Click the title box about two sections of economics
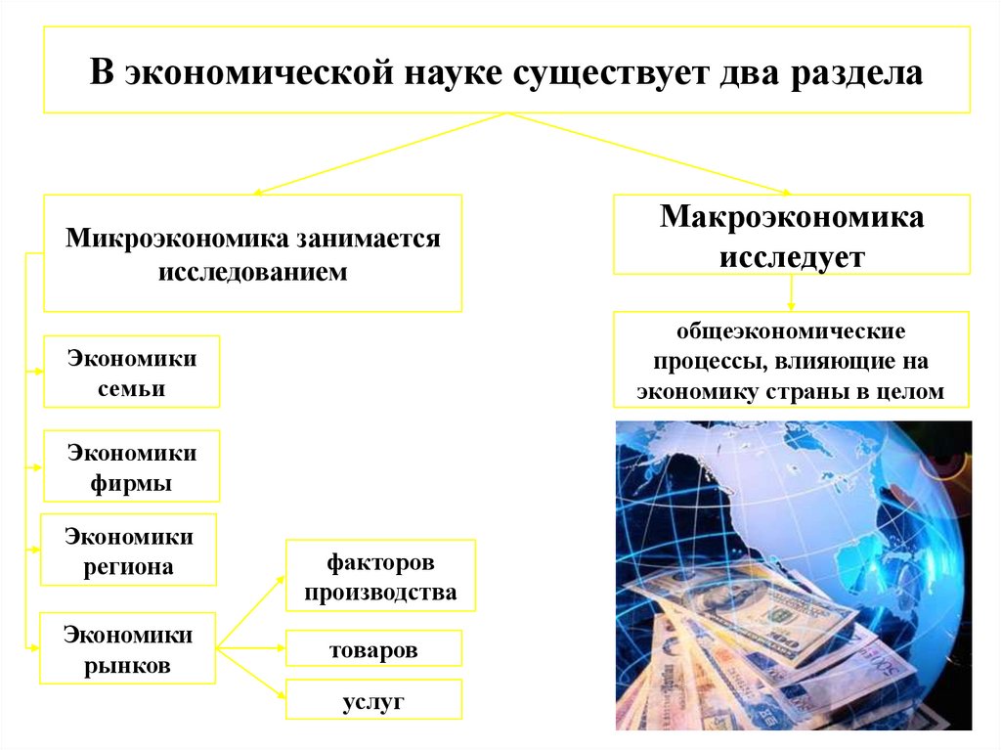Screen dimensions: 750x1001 (x=506, y=69)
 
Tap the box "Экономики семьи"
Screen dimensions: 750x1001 (x=131, y=372)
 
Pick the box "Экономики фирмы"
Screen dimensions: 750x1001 (x=131, y=466)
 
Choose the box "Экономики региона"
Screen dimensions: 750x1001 (x=128, y=550)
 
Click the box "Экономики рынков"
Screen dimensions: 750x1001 (x=128, y=649)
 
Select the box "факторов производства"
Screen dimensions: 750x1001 (x=379, y=577)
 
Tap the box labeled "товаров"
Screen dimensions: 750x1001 (x=372, y=649)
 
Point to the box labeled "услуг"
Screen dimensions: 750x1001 (x=372, y=701)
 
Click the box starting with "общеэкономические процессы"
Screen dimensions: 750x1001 (x=791, y=360)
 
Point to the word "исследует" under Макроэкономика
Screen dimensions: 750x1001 (x=792, y=257)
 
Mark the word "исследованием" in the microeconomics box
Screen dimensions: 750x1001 (x=252, y=272)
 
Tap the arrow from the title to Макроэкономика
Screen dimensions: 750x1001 (x=650, y=153)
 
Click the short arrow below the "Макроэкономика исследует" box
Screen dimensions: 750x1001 (x=791, y=292)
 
